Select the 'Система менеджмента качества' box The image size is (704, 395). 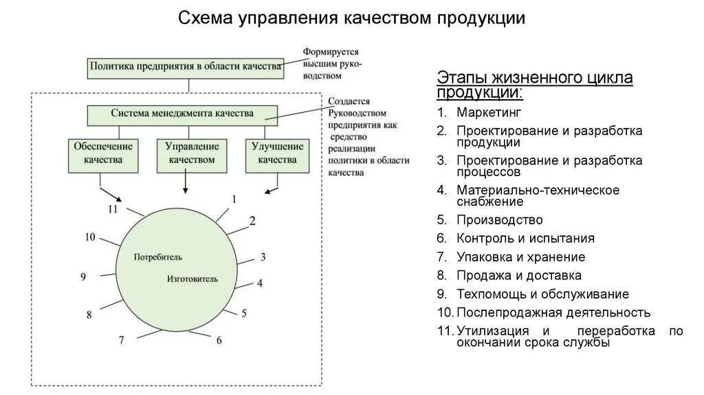182,114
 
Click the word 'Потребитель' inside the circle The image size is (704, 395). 159,257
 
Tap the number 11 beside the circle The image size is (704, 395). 113,209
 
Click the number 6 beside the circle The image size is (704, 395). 219,340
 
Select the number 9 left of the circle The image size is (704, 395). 82,277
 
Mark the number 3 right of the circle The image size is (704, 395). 263,257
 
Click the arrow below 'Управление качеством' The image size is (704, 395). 185,183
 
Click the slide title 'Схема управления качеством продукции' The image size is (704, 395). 351,18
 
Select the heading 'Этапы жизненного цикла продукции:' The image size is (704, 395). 534,85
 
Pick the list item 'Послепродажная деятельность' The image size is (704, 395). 553,312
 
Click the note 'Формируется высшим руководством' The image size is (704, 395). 333,64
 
